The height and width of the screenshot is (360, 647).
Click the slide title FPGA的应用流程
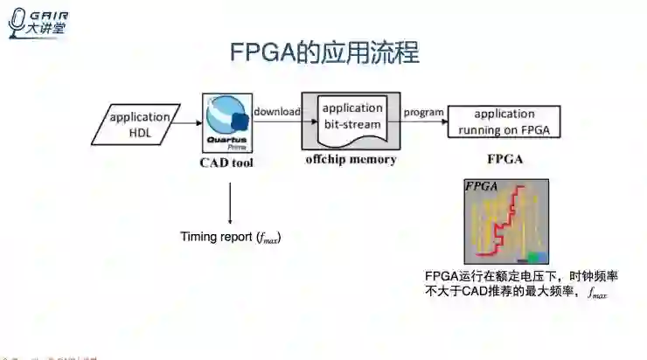(x=324, y=53)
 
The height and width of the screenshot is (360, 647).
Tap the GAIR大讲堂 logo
(x=39, y=22)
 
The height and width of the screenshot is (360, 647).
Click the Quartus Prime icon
(x=228, y=123)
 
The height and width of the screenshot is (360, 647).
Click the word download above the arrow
(x=277, y=111)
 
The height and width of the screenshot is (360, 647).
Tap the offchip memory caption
(x=351, y=161)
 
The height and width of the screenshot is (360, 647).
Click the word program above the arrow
(x=423, y=111)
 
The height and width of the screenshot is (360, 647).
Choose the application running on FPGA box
(x=504, y=122)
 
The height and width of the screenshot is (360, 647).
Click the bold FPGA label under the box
(x=505, y=161)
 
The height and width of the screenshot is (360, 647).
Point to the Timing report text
(x=231, y=237)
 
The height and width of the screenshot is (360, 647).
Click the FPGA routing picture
(x=506, y=221)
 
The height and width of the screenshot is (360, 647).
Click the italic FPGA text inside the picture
(x=482, y=186)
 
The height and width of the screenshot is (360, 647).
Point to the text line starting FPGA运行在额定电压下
(x=521, y=276)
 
